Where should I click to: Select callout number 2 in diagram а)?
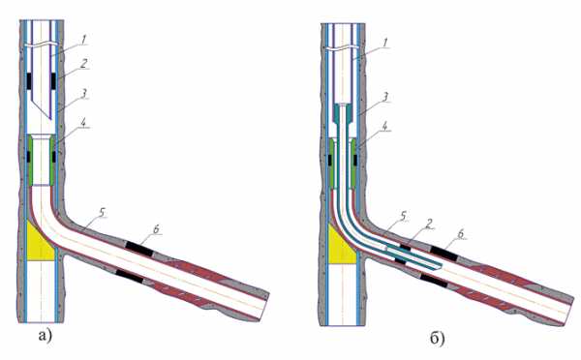pyautogui.click(x=84, y=63)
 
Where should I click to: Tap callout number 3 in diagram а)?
pyautogui.click(x=84, y=93)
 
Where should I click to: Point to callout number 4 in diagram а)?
pyautogui.click(x=85, y=123)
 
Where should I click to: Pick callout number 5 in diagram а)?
pyautogui.click(x=103, y=212)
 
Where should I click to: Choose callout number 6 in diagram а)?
pyautogui.click(x=156, y=229)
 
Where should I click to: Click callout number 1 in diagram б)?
pyautogui.click(x=385, y=43)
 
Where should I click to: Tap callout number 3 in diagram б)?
pyautogui.click(x=385, y=97)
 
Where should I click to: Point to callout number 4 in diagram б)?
pyautogui.click(x=385, y=127)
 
